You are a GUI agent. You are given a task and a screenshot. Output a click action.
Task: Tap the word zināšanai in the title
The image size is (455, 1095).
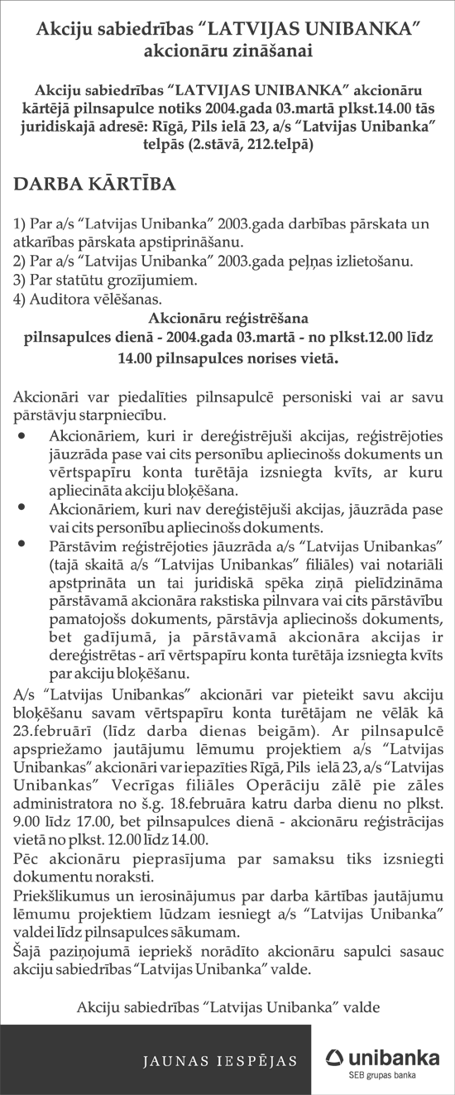[x=271, y=50]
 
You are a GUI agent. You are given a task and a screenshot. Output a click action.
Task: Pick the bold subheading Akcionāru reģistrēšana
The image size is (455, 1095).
[x=227, y=318]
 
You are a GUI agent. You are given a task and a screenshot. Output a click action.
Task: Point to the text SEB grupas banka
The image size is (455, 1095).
[x=377, y=1075]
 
